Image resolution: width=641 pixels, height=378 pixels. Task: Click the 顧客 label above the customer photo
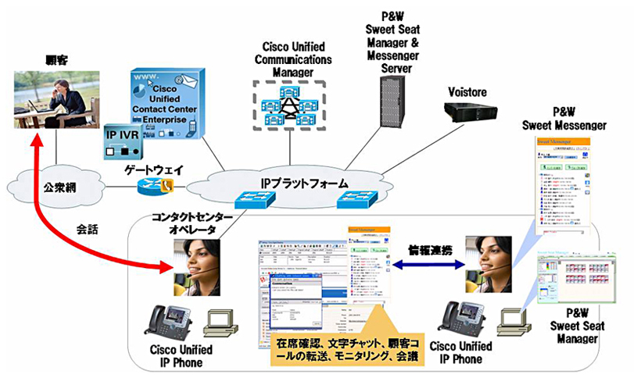point(56,59)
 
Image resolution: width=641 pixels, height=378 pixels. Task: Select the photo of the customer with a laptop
point(56,100)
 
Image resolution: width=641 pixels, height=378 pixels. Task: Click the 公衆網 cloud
point(56,188)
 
